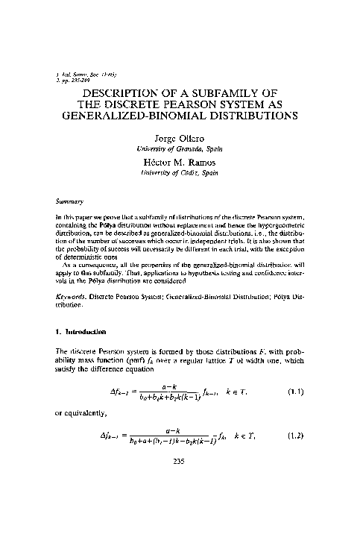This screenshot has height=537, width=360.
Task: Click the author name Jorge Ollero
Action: [x=181, y=139]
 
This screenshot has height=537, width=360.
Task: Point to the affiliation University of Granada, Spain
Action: [x=181, y=151]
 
